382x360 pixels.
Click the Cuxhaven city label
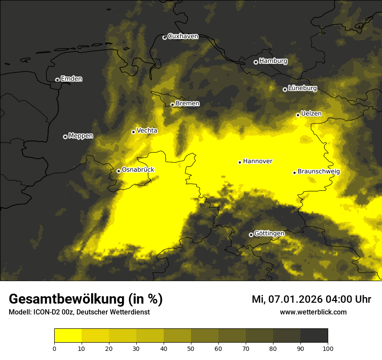coord(183,36)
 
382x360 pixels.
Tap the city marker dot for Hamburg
coord(256,62)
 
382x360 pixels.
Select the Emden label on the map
coord(71,79)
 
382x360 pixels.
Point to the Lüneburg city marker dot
coord(285,89)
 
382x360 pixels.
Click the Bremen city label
coord(188,104)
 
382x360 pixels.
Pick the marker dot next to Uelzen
coord(298,115)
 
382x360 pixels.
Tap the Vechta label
coord(147,131)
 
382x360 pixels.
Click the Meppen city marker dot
coord(65,137)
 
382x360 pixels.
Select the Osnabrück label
coord(138,170)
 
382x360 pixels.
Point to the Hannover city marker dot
coord(240,162)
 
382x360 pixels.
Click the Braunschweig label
coord(319,172)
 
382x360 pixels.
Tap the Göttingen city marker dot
coord(251,235)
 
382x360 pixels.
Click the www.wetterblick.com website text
coord(313,312)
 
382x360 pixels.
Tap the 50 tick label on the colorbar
coord(191,348)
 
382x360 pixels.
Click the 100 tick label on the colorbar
coord(327,348)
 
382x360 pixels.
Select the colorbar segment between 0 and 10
coord(68,336)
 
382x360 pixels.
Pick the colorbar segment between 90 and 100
coord(314,336)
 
